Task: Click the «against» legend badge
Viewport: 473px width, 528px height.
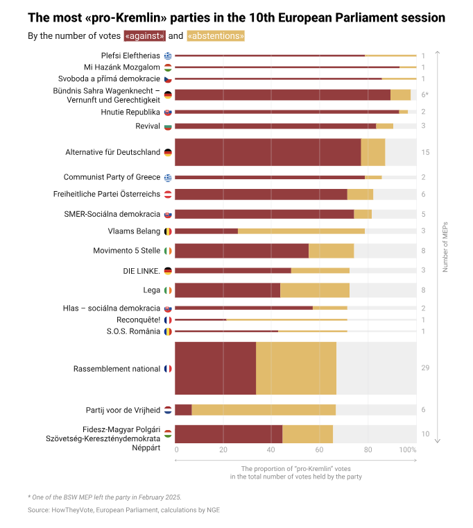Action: [145, 36]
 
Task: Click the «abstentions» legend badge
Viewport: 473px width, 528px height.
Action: [216, 36]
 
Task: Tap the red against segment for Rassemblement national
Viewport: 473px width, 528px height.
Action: [215, 368]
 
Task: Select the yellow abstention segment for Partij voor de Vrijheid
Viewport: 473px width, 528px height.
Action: [264, 410]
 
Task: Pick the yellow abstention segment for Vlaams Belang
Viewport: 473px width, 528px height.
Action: [301, 231]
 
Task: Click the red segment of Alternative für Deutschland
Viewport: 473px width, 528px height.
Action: [268, 152]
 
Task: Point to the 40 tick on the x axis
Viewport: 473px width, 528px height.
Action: [271, 449]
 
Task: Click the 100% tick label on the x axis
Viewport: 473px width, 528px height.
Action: [408, 449]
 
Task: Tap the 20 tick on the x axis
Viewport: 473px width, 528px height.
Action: [223, 449]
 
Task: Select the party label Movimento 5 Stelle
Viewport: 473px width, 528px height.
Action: [127, 251]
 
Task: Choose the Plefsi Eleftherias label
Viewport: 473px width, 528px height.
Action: [130, 56]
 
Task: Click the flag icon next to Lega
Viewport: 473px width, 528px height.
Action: [168, 290]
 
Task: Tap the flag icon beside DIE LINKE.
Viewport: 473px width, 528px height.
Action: [168, 271]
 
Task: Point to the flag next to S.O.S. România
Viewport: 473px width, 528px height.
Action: [168, 331]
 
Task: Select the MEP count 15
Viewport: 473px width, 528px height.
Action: [424, 152]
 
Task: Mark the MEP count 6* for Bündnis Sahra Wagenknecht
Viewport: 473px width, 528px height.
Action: [424, 94]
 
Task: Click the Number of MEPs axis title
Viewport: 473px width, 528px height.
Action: [445, 246]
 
